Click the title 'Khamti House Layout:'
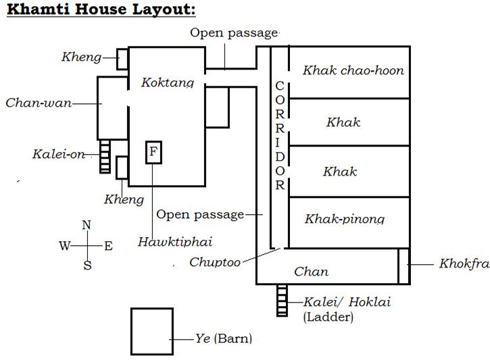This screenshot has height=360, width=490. [x=101, y=11]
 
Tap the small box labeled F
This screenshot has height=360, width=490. [x=153, y=153]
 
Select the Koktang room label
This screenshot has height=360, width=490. [x=168, y=82]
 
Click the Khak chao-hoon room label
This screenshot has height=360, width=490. [x=353, y=70]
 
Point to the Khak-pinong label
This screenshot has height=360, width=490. [x=344, y=219]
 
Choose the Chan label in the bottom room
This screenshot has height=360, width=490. [x=312, y=272]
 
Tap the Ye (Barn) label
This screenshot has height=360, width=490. [x=223, y=338]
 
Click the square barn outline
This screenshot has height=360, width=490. [x=151, y=331]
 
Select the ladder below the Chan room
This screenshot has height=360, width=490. [x=283, y=301]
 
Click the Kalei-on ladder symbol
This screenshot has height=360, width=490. [x=105, y=157]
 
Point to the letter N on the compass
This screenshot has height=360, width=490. [x=86, y=226]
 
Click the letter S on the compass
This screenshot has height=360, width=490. [x=87, y=265]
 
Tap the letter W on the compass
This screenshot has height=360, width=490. [x=65, y=246]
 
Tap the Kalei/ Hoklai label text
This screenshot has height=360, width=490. [x=347, y=302]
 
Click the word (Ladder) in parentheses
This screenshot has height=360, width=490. [x=328, y=316]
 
